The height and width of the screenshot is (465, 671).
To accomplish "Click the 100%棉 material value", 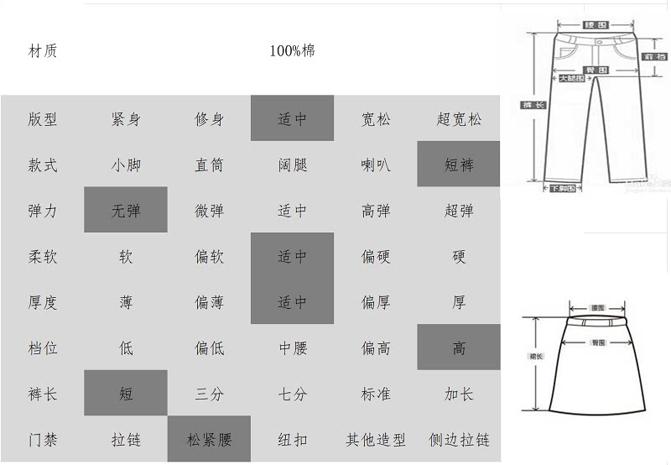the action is (x=292, y=50).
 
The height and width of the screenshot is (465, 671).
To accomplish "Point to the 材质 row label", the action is (x=43, y=50).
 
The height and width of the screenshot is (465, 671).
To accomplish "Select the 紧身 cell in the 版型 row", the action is (x=126, y=119).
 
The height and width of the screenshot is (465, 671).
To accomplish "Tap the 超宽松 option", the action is (x=459, y=119).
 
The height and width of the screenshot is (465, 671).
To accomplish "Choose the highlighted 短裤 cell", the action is (x=459, y=165).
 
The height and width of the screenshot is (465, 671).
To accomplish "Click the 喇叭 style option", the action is (x=376, y=165).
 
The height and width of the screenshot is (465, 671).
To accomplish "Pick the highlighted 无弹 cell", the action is (x=126, y=211).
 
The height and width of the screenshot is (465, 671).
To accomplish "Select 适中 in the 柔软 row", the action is (x=293, y=256).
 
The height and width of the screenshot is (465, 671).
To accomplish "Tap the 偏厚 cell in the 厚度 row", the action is (x=376, y=302).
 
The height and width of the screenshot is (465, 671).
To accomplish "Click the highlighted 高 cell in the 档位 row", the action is (x=459, y=347).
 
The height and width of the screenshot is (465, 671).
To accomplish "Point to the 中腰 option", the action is (x=293, y=347).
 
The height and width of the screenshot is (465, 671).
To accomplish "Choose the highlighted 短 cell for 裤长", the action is (x=126, y=394).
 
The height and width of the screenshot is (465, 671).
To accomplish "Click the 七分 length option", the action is (x=293, y=394).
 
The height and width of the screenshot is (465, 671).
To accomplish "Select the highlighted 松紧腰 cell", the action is (x=209, y=439).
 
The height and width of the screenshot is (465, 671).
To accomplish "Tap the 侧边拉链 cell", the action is (x=459, y=439).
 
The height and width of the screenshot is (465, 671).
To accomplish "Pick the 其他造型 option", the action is (x=376, y=439).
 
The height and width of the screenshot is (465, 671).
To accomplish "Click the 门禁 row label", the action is (x=43, y=439).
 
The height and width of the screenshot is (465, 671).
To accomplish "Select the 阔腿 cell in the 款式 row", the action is (x=293, y=165).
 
